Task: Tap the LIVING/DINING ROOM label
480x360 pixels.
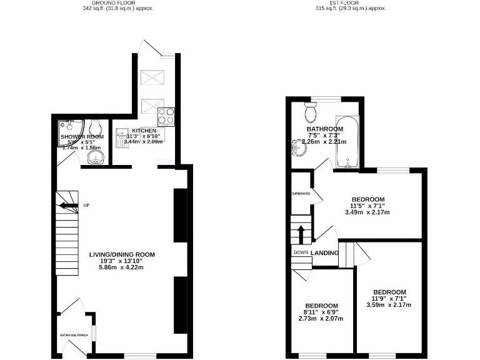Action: [x=121, y=255]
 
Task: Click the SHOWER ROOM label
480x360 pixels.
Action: [x=82, y=136]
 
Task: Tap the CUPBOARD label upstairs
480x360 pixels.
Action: [x=301, y=194]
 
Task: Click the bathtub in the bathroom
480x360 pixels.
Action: [x=347, y=142]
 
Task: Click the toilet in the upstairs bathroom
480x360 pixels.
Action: [x=311, y=113]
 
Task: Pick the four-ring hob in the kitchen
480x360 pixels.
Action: [x=166, y=116]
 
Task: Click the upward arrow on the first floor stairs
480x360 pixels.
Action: [x=301, y=234]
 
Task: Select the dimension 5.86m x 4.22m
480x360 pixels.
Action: [x=121, y=267]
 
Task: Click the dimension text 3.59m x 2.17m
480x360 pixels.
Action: [x=389, y=305]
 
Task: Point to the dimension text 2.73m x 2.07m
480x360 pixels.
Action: [x=321, y=318]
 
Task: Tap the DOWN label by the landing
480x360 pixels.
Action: [x=301, y=252]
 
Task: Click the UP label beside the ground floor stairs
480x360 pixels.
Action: [x=86, y=205]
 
